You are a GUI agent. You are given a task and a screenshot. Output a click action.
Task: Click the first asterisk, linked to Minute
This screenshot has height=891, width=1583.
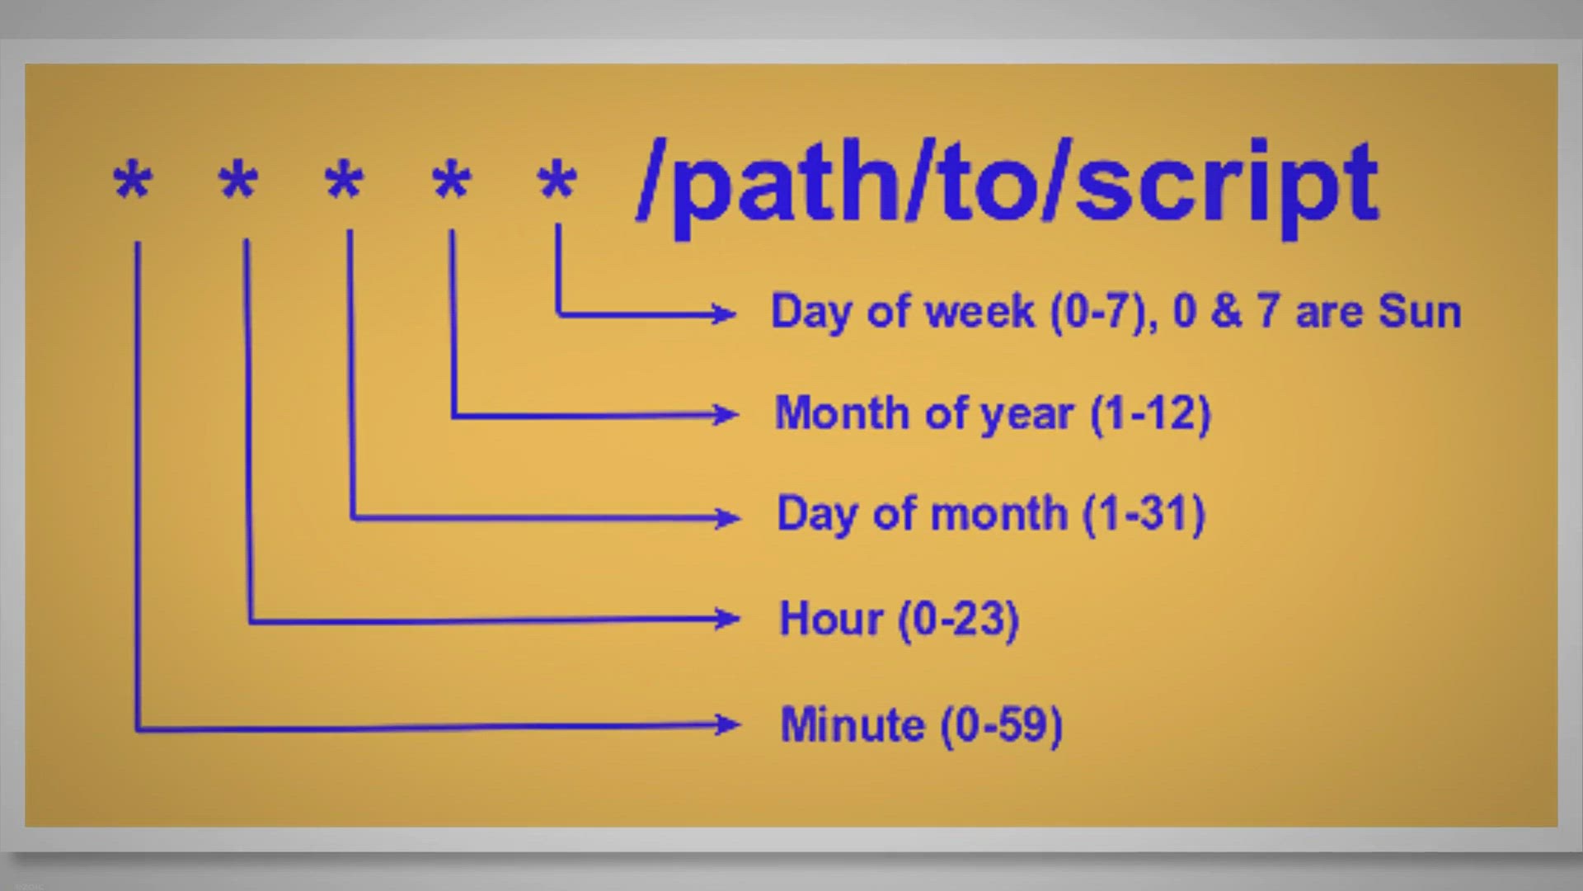[133, 180]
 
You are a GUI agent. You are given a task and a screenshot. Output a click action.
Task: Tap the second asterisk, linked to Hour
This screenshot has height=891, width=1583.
[238, 180]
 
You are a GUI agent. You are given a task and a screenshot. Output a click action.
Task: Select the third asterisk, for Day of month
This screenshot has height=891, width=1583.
[344, 180]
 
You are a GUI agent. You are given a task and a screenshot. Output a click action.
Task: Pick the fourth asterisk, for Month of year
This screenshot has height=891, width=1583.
[452, 180]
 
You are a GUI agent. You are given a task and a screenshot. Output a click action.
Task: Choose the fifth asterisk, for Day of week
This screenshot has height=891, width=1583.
[557, 180]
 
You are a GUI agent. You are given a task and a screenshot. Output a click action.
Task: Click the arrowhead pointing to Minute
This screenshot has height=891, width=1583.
[728, 725]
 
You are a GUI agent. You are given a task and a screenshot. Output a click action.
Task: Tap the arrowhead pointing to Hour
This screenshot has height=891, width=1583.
[728, 619]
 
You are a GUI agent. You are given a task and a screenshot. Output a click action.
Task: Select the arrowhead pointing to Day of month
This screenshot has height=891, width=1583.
[728, 518]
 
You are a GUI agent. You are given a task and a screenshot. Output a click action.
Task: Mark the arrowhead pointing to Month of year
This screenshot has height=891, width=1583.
[726, 414]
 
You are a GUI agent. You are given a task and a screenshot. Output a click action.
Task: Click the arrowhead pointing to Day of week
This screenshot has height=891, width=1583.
[724, 313]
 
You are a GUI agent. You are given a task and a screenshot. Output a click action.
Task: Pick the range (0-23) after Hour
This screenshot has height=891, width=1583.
[959, 620]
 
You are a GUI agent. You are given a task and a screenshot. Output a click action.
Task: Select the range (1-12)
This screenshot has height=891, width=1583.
[1151, 413]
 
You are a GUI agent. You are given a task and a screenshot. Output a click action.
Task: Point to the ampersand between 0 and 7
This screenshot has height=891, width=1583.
[1226, 312]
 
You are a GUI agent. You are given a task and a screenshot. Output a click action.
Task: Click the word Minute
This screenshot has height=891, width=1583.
[853, 725]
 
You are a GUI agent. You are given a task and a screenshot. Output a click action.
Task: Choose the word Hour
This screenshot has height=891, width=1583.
[831, 619]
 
